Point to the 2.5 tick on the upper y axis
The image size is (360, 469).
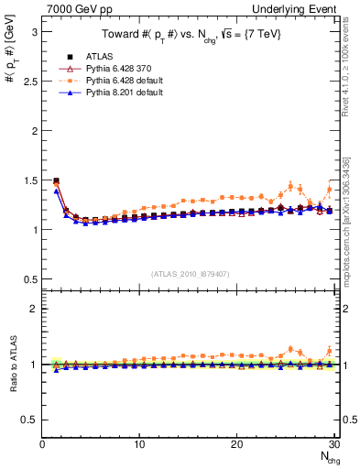pyautogui.click(x=30, y=81)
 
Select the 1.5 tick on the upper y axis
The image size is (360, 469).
pyautogui.click(x=30, y=180)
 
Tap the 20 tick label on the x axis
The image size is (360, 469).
pyautogui.click(x=236, y=444)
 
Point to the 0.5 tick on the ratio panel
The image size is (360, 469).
pyautogui.click(x=30, y=420)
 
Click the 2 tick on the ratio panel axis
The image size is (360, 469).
pyautogui.click(x=35, y=308)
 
